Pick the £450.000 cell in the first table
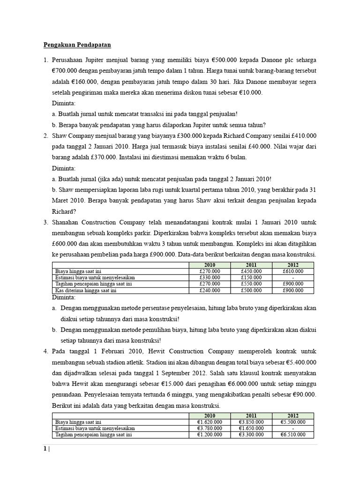251,271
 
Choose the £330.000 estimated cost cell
209,277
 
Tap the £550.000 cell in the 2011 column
251,284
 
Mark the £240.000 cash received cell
209,291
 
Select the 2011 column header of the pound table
251,265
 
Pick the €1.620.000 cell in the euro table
209,422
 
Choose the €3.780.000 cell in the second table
209,428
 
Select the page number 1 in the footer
45,449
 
